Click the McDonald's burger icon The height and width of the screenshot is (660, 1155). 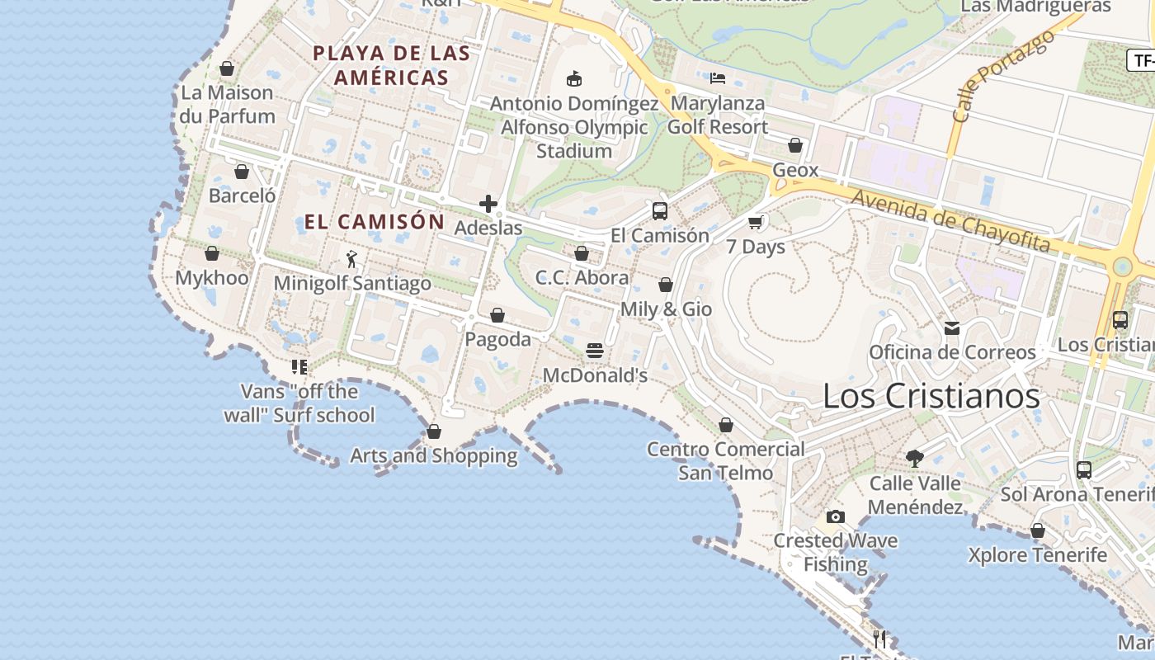pos(595,351)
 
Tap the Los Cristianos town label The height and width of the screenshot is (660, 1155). pos(931,397)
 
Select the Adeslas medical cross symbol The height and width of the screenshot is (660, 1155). pos(488,204)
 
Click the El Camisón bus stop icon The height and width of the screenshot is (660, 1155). pos(659,211)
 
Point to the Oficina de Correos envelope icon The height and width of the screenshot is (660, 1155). pos(952,328)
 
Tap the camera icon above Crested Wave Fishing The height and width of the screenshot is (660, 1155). pos(836,517)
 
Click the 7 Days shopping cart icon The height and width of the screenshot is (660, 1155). pos(755,223)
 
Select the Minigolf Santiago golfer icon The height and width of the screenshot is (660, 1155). pos(352,259)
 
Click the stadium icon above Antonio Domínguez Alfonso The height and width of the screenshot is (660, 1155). pos(574,79)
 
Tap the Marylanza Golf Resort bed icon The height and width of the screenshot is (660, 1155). pos(718,79)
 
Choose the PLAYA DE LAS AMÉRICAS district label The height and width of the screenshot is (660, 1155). pos(391,66)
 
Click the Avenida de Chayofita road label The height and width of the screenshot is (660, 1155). pos(950,221)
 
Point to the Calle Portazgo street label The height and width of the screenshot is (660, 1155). pos(1002,76)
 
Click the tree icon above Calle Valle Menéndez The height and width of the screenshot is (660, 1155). pos(914,459)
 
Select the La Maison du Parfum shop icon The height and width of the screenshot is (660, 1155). pos(227,68)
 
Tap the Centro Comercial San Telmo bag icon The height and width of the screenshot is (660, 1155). pos(725,426)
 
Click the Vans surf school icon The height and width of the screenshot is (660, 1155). pos(299,366)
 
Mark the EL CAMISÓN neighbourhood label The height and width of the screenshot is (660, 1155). pos(375,222)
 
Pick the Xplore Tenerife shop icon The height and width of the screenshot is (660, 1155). pos(1038,531)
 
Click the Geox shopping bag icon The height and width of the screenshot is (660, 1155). pos(795,146)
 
